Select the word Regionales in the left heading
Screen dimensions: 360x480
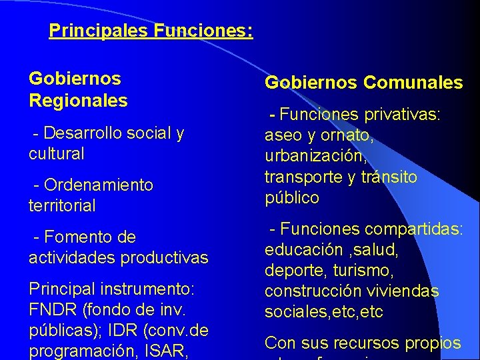pyautogui.click(x=78, y=101)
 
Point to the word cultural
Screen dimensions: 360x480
pyautogui.click(x=57, y=153)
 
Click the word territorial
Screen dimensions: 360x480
pyautogui.click(x=62, y=205)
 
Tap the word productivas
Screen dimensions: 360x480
pyautogui.click(x=165, y=257)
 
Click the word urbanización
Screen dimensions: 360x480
pyautogui.click(x=316, y=157)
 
